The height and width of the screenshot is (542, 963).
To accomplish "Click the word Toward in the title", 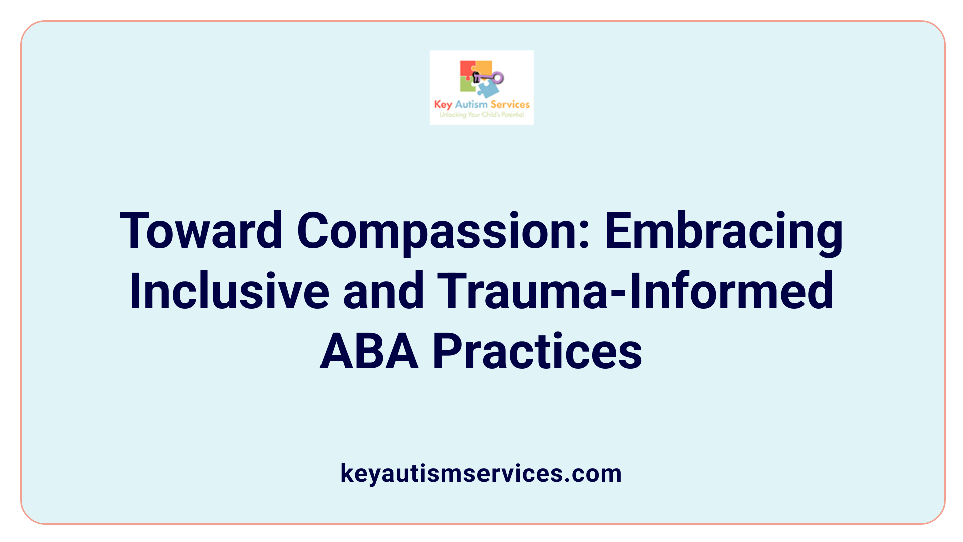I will (201, 231).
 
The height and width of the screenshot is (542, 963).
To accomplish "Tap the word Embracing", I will (724, 231).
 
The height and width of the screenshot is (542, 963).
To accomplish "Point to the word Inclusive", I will (229, 291).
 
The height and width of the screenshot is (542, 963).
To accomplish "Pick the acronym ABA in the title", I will (369, 351).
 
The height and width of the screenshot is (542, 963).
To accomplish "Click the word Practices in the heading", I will (537, 351).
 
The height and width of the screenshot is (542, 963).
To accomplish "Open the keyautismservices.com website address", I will (481, 473).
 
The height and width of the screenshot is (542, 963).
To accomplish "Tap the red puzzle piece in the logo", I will (467, 68).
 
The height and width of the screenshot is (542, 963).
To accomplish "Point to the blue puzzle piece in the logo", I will (487, 89).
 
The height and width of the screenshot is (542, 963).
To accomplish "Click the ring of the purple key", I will (498, 78).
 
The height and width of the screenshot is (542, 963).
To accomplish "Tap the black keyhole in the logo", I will (476, 77).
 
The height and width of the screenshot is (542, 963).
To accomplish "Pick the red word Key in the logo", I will (443, 105).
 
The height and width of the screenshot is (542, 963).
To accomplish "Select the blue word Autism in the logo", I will (471, 105).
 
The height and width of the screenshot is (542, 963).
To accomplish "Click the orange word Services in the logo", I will (510, 105).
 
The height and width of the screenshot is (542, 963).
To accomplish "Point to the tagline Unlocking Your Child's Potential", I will (481, 115).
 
